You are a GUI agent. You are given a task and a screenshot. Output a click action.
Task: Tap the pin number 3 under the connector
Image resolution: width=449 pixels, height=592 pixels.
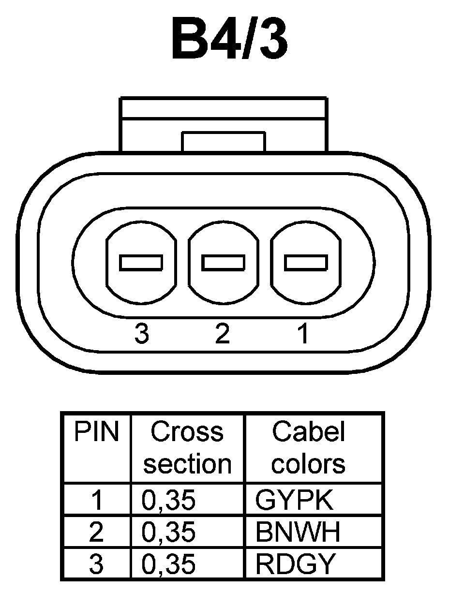[x=141, y=333]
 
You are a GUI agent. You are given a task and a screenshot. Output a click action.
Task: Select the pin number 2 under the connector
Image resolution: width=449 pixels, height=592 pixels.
[x=222, y=333]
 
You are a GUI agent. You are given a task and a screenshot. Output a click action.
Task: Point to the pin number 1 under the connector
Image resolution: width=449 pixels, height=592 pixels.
[x=303, y=333]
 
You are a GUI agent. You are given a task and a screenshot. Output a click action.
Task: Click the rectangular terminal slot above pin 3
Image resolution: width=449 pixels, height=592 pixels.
[x=141, y=263]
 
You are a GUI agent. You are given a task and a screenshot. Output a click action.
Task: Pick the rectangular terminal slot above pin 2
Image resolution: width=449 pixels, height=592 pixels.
[x=223, y=263]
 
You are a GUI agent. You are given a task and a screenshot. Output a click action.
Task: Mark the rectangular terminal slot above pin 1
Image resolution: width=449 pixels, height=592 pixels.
[x=305, y=263]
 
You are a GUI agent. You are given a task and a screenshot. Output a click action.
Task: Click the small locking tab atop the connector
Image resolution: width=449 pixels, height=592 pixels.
[x=224, y=141]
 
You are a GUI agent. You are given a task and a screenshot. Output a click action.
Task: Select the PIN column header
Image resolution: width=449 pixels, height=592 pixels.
[x=96, y=432]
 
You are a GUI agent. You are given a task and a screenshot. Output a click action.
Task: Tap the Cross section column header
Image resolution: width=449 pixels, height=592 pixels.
[x=188, y=448]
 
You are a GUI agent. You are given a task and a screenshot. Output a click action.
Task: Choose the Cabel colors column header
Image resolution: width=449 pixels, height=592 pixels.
[x=309, y=448]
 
